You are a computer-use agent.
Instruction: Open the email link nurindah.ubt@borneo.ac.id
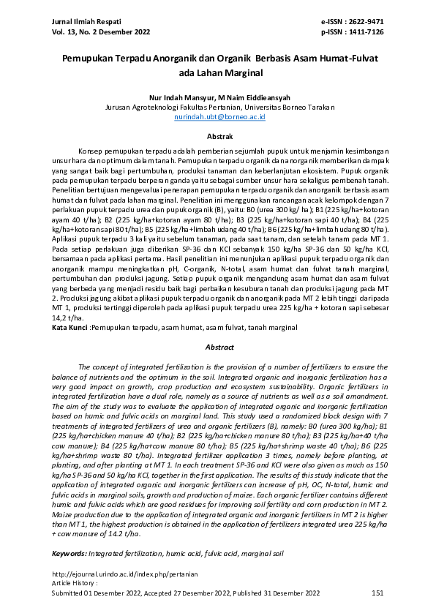219,116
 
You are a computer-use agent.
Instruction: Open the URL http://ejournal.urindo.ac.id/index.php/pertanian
115,574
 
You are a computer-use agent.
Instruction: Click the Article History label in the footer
75,583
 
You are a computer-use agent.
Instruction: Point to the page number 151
377,592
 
